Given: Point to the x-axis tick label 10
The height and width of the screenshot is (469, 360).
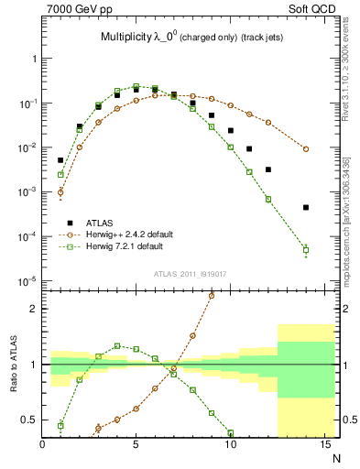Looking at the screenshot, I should tap(230, 444).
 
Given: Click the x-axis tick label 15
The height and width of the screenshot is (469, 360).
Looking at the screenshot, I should tap(323, 444).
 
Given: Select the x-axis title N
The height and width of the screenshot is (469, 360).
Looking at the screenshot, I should tap(336, 456).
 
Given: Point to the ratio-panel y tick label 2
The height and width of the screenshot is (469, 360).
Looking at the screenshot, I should tap(33, 309).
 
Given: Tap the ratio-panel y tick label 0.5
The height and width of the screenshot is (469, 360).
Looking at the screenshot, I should tap(29, 420).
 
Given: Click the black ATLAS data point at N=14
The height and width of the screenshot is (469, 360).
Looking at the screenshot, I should tap(306, 207).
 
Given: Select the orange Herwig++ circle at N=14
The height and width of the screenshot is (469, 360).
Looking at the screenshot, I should tap(306, 148).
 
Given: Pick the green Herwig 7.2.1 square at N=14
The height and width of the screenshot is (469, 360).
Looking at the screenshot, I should tap(306, 249).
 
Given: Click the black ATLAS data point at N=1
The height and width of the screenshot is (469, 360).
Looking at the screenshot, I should tap(60, 160).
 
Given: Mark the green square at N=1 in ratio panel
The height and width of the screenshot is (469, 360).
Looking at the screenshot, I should tap(60, 425).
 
